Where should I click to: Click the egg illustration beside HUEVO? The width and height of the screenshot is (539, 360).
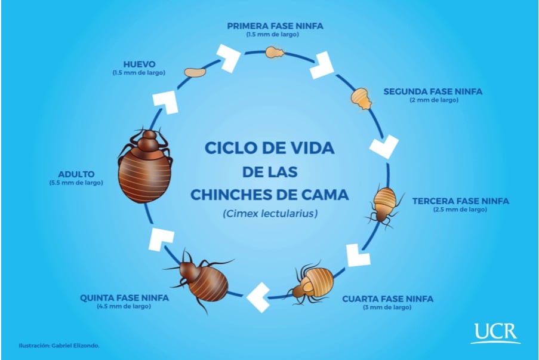(194, 72)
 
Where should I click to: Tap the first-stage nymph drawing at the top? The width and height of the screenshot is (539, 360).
(275, 53)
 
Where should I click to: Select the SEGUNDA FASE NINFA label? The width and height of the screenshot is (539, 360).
(433, 91)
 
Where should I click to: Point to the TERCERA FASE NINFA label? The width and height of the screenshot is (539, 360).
(460, 201)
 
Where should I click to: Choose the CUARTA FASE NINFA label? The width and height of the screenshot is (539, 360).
(387, 299)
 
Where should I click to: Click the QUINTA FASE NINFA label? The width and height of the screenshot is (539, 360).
(125, 297)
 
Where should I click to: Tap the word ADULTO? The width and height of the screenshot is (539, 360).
(76, 174)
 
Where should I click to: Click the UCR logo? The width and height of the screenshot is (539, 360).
(495, 333)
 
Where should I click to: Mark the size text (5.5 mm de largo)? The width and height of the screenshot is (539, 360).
(76, 183)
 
